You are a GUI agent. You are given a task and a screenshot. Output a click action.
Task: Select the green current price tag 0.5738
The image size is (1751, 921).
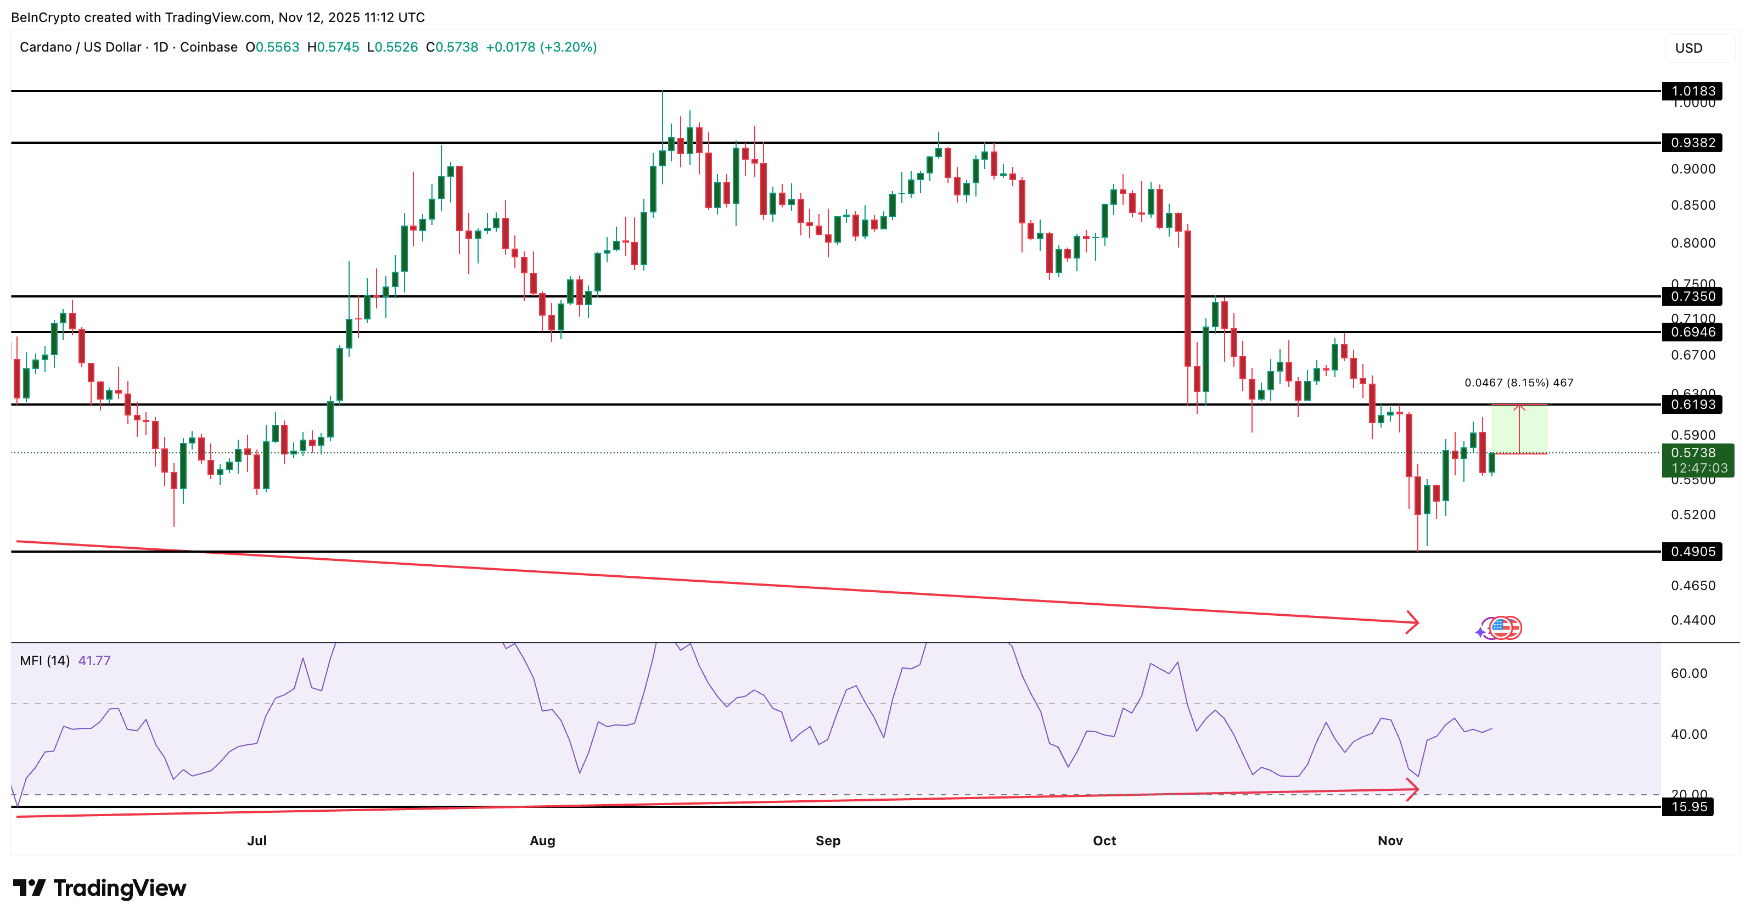click(1697, 460)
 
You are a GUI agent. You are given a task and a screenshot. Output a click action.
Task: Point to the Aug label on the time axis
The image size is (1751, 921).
click(542, 841)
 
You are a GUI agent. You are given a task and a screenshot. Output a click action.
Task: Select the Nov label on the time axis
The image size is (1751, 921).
click(1390, 841)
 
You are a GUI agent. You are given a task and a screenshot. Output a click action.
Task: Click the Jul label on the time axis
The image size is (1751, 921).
click(257, 841)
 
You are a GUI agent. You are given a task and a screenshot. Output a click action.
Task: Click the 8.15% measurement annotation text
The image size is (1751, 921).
click(1518, 383)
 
